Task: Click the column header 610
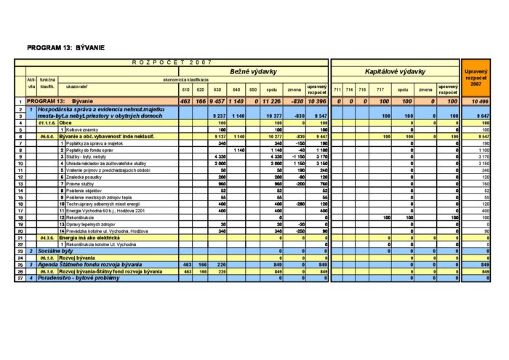[x=185, y=89]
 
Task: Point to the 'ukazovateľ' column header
[x=78, y=86]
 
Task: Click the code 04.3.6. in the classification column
[x=48, y=237]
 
